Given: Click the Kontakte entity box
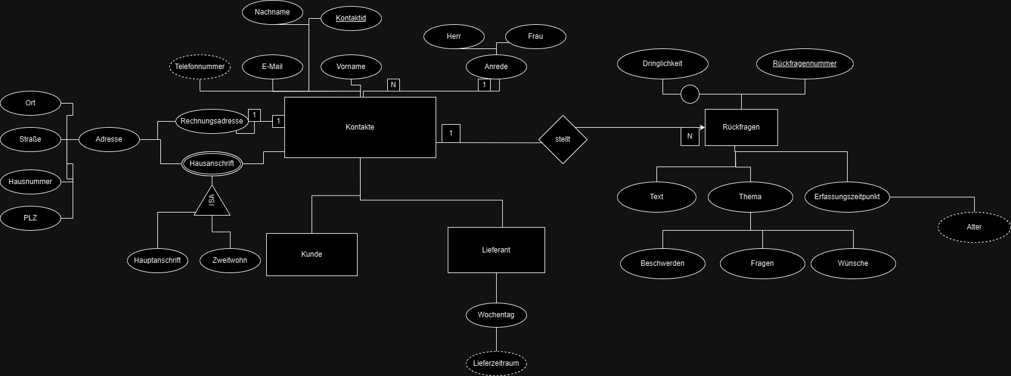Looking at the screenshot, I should tap(360, 127).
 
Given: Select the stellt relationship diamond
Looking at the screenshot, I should tap(563, 139).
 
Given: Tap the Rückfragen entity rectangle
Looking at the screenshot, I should tap(741, 127).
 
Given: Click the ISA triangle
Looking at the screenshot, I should tap(212, 202).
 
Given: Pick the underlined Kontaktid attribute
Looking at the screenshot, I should tap(351, 18).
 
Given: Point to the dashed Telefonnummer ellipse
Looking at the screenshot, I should tap(200, 67).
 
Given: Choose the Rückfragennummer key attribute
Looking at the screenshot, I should tap(805, 64).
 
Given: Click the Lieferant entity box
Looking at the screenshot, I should tap(496, 249).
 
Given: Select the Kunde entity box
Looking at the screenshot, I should tap(312, 254).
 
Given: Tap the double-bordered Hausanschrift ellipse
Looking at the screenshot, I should tap(212, 163).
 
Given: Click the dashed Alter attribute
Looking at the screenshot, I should tap(973, 227).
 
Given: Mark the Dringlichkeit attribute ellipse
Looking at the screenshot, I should tap(663, 64).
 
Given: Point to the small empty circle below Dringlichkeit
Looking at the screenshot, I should tap(690, 94).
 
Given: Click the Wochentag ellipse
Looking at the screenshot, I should tap(496, 315).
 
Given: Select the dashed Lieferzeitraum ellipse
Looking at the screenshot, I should tap(496, 363).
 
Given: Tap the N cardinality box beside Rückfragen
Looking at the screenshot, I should tap(690, 136).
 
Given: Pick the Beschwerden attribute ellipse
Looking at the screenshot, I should tap(663, 263).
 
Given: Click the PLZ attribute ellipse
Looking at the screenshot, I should tap(30, 218).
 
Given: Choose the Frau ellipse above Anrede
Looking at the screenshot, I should tap(535, 36).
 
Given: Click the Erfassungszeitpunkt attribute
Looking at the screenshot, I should tap(847, 197).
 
